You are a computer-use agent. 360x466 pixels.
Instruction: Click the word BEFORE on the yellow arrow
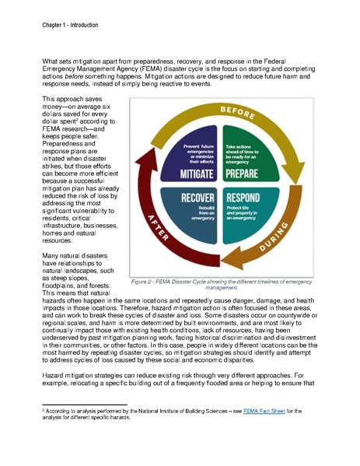(239, 114)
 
